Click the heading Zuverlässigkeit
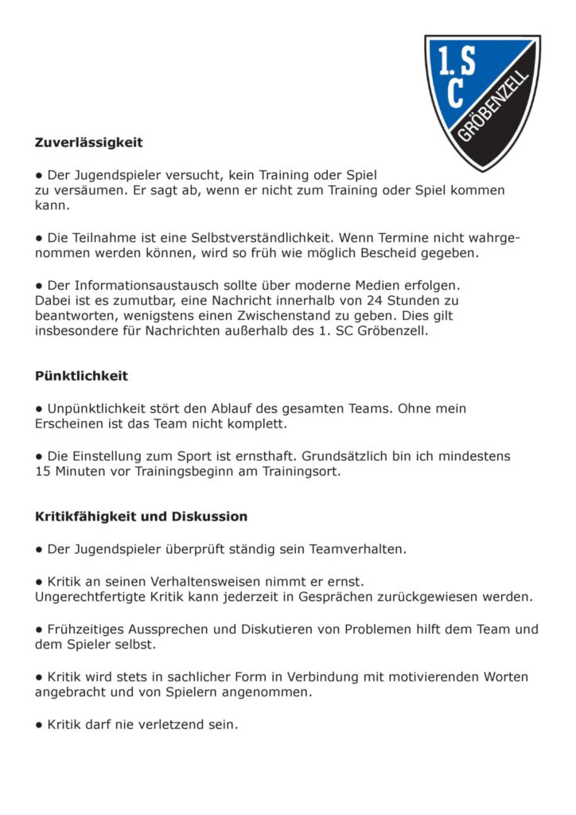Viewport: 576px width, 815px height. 88,143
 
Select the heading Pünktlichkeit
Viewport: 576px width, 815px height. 81,376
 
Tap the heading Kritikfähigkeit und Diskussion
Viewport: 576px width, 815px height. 141,517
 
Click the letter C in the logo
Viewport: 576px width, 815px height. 455,93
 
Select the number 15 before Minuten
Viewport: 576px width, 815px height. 43,471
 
